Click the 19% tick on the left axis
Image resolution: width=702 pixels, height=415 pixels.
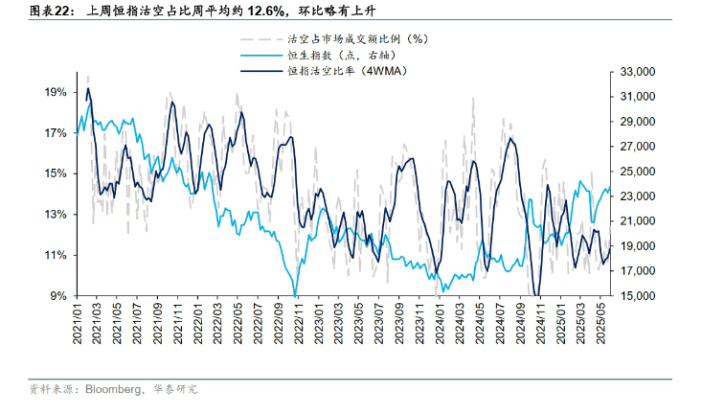55,92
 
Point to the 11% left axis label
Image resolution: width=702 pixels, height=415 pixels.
55,255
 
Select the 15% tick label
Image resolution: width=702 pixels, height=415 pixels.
55,173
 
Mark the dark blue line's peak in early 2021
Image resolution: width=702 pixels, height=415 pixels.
88,89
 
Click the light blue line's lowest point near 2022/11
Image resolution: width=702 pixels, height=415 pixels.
295,294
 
